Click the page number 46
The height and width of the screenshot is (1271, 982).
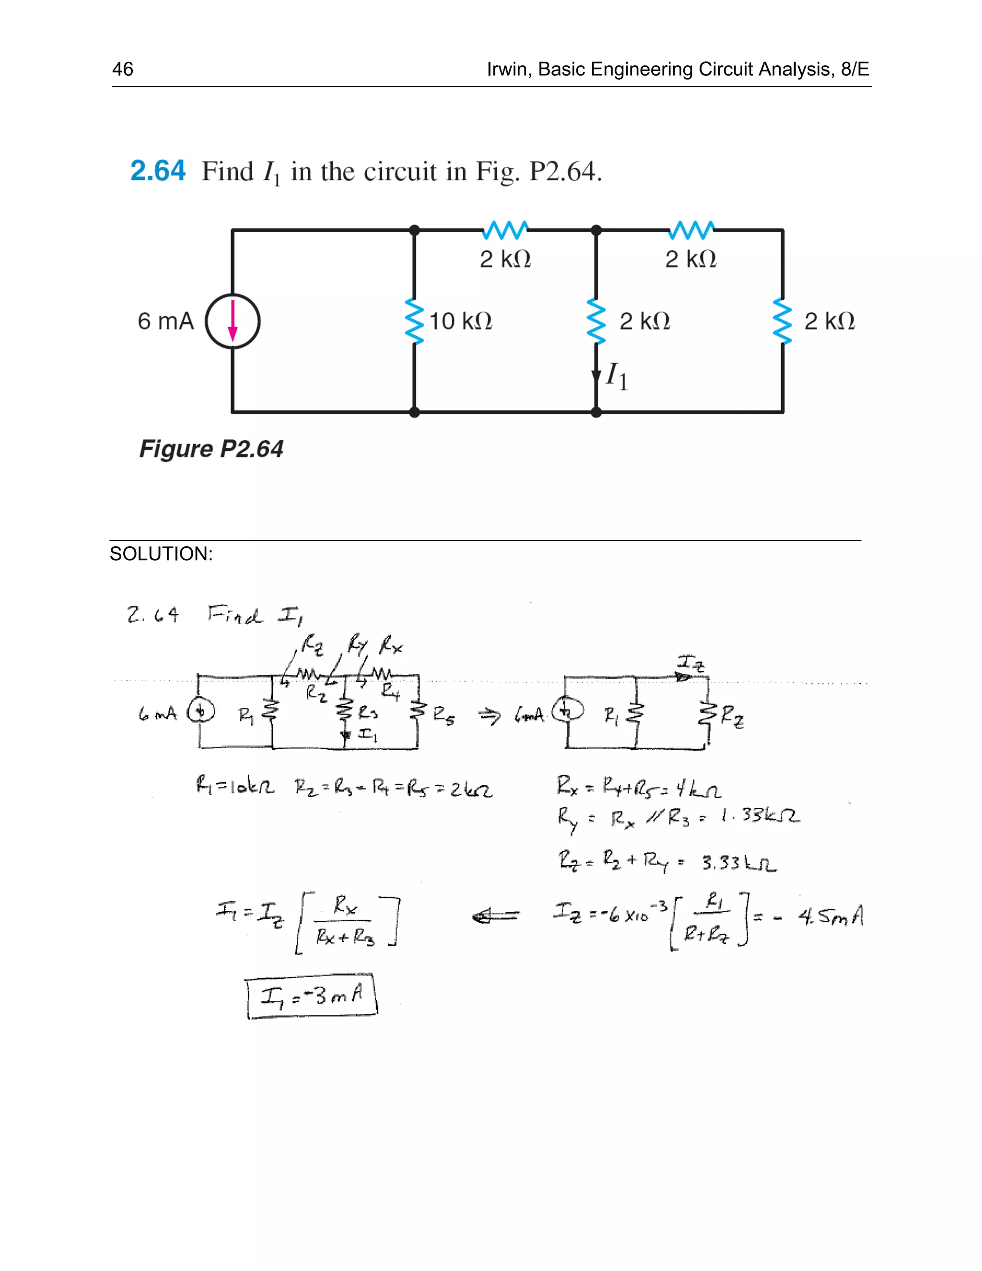pyautogui.click(x=122, y=69)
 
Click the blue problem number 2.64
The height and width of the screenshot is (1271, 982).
pyautogui.click(x=158, y=171)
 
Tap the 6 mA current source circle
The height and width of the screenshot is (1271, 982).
pyautogui.click(x=233, y=321)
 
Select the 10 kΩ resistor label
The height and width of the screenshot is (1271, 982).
pyautogui.click(x=460, y=321)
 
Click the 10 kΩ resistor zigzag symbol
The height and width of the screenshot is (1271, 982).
pyautogui.click(x=414, y=321)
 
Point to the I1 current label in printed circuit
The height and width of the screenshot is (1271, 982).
pyautogui.click(x=617, y=377)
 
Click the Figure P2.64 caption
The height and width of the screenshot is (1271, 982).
pyautogui.click(x=211, y=449)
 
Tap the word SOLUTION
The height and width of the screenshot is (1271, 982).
pyautogui.click(x=161, y=553)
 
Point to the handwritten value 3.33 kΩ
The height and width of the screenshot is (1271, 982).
pyautogui.click(x=739, y=862)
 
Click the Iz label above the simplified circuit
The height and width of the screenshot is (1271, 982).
pyautogui.click(x=690, y=663)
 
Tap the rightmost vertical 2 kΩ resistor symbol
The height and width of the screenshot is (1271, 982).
pyautogui.click(x=783, y=321)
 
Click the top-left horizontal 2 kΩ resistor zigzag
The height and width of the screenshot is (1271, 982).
pyautogui.click(x=505, y=230)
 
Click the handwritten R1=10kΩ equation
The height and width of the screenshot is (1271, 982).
pyautogui.click(x=235, y=788)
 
